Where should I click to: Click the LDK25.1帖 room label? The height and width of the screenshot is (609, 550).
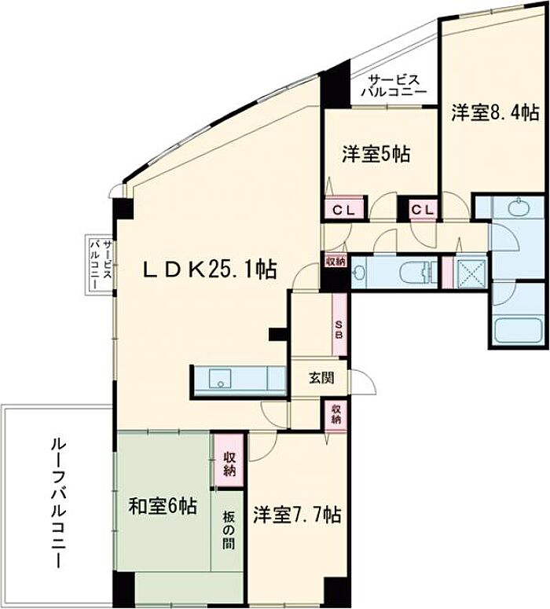coord(210,270)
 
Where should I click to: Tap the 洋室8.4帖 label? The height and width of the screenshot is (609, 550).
coord(495,113)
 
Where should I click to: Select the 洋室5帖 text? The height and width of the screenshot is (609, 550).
coord(376,154)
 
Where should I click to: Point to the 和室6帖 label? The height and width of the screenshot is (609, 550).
coord(163,506)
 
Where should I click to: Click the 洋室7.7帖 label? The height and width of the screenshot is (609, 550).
coord(297,515)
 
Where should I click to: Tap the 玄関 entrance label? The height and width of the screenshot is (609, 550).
coord(321,377)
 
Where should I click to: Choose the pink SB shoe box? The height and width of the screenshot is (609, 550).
coord(339,324)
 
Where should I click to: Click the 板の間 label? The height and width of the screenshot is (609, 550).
coord(229,530)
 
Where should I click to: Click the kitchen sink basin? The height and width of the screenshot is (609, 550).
coord(220,379)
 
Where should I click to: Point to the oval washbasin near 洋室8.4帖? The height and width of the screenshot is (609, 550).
coord(519,207)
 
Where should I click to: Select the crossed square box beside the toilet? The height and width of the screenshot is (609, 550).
coord(471,272)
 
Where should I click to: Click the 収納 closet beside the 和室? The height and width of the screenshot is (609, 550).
coord(229,460)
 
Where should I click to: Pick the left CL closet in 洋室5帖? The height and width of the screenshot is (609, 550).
coord(344,210)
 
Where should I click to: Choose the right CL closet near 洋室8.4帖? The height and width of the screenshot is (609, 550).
coord(423,210)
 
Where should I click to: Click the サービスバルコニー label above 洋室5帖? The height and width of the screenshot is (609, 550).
coord(394,86)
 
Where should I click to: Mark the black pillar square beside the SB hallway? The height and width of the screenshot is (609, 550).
coord(278,334)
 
